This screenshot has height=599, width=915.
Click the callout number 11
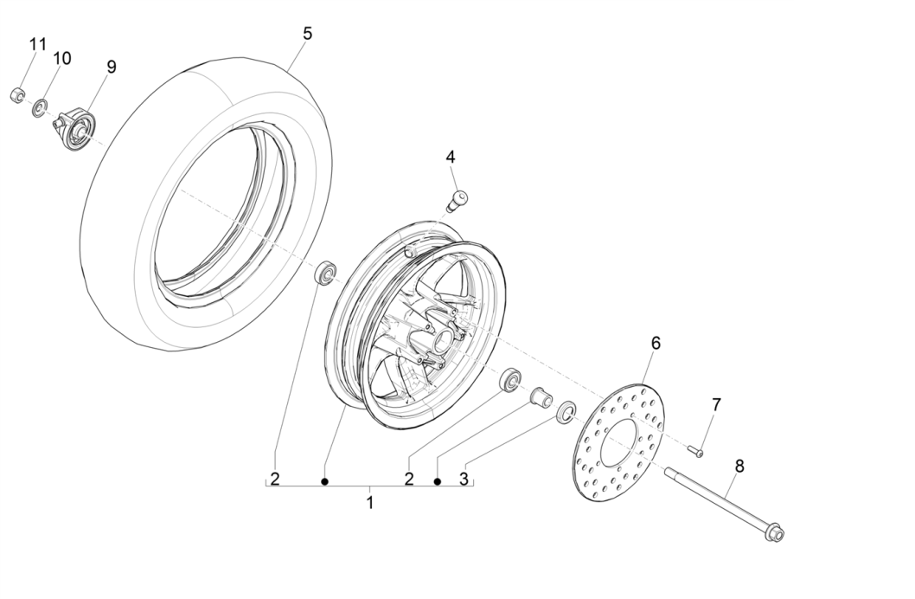(x=37, y=44)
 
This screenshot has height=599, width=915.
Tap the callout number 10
(x=62, y=58)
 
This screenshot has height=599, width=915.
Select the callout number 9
(x=111, y=67)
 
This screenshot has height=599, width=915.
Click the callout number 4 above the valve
(x=451, y=157)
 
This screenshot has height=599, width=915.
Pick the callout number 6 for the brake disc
(x=656, y=344)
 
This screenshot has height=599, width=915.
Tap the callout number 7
(x=715, y=404)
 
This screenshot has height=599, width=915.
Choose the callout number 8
(x=739, y=466)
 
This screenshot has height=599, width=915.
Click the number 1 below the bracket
(x=370, y=502)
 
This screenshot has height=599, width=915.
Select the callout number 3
(x=464, y=479)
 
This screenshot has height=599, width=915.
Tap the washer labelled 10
(x=40, y=109)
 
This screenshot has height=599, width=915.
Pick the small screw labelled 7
(x=696, y=450)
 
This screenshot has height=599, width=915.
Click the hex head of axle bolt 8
(x=776, y=535)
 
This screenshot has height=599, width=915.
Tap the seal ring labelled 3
(x=566, y=410)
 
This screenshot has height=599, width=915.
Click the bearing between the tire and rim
(x=327, y=273)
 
